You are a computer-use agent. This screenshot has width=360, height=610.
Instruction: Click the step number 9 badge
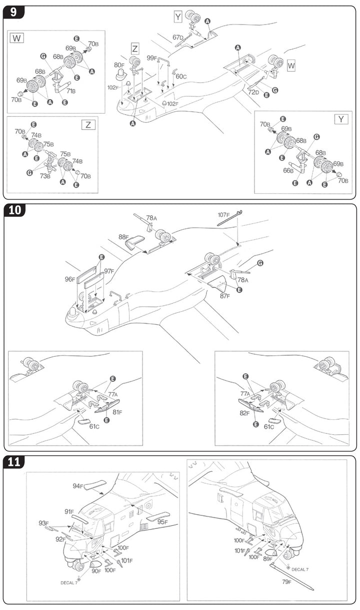(13, 12)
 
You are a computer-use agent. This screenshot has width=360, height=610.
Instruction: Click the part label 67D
(178, 38)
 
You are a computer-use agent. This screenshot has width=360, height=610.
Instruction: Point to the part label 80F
(119, 65)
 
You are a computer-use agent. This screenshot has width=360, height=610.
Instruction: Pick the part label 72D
(253, 92)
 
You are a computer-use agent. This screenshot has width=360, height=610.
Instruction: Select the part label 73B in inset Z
(45, 176)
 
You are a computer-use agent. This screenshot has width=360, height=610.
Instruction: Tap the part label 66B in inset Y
(288, 171)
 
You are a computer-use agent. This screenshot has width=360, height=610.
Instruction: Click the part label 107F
(223, 215)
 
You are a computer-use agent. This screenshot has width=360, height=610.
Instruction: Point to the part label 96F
(70, 279)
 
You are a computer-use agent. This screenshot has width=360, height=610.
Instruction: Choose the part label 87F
(225, 296)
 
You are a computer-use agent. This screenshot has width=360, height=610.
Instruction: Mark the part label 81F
(117, 412)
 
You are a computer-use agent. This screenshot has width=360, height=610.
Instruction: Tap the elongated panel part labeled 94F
(95, 484)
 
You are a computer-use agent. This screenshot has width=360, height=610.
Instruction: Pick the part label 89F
(267, 558)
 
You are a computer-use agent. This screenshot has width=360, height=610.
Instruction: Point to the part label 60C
(180, 77)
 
